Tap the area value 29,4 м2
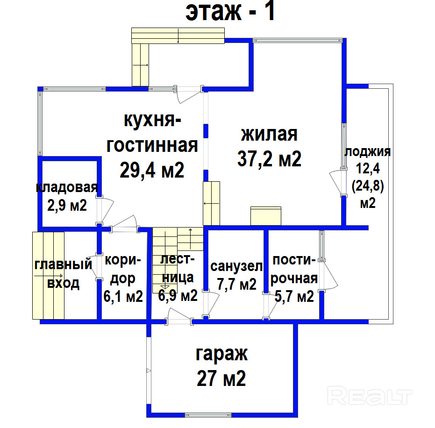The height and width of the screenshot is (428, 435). (152, 170)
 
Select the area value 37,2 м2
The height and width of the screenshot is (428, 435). (269, 159)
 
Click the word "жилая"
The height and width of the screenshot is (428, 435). (269, 134)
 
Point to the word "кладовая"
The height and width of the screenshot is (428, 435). (67, 188)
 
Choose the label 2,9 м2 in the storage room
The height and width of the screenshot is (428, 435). (67, 206)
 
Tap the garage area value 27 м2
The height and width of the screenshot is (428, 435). (221, 378)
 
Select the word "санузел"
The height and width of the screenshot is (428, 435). (236, 266)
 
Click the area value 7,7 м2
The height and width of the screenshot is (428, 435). (236, 284)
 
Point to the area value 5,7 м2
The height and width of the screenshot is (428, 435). (294, 297)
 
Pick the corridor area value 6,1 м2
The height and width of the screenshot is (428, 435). (123, 297)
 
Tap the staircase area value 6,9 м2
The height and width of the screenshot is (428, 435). (178, 295)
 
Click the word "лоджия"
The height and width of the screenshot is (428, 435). (368, 152)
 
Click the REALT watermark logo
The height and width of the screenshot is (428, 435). (370, 396)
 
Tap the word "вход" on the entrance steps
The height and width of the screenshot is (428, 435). (63, 283)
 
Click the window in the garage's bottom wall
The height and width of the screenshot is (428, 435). (208, 415)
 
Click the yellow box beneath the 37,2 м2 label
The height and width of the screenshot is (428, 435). (266, 216)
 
